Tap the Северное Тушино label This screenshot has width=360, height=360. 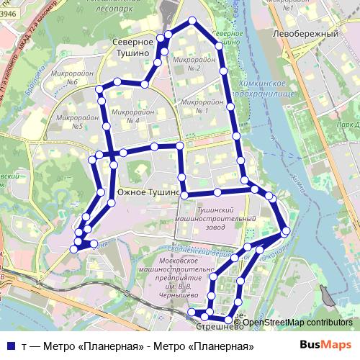(134, 48)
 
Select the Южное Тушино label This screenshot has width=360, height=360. (148, 192)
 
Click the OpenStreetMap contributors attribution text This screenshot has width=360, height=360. (297, 322)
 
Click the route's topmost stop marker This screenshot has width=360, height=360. (192, 21)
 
